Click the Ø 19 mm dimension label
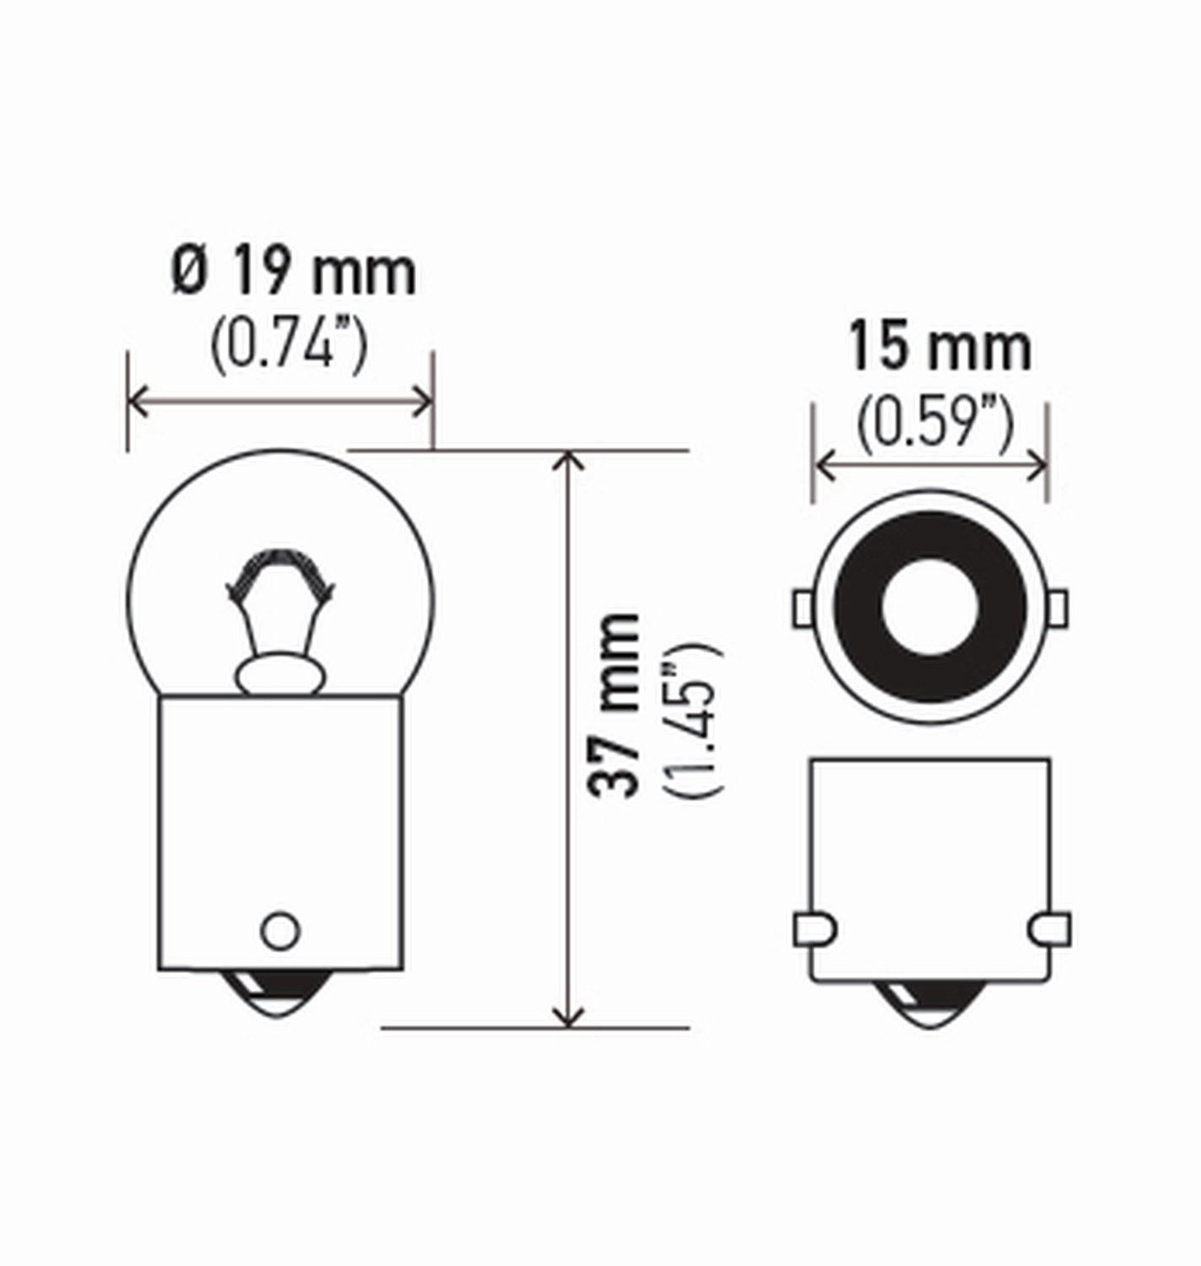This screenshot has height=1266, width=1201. click(294, 272)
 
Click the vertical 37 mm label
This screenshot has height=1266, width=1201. click(614, 706)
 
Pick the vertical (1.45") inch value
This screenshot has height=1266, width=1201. click(694, 719)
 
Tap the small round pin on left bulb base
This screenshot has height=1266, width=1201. click(279, 930)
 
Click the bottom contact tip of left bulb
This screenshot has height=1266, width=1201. click(279, 997)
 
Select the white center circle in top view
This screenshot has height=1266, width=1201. click(929, 605)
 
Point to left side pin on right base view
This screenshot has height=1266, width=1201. click(814, 929)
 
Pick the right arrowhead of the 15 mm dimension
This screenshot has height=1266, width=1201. click(1040, 465)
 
